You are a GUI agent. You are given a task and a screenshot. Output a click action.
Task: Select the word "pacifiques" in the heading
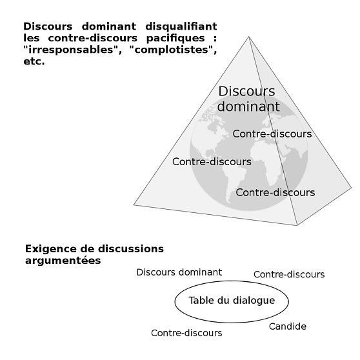(175, 39)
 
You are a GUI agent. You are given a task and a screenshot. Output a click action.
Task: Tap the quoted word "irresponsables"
(71, 50)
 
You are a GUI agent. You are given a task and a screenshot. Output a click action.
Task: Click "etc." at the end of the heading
(34, 61)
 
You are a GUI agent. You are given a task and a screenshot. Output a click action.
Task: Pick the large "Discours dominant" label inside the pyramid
(248, 99)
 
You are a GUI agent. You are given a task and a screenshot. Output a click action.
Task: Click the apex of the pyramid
(248, 37)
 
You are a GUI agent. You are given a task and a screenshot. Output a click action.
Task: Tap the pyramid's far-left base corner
(134, 205)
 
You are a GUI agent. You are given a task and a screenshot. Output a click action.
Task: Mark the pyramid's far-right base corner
(351, 188)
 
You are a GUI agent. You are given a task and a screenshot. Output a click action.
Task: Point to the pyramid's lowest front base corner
(297, 225)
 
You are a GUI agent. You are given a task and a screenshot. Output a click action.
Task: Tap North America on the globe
(214, 128)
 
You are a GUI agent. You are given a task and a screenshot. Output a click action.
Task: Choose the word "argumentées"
(63, 261)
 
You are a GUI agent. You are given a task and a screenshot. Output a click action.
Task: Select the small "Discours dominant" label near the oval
(179, 272)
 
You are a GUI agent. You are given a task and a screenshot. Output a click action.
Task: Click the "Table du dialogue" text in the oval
(232, 301)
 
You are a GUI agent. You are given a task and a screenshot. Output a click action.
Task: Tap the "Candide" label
(288, 326)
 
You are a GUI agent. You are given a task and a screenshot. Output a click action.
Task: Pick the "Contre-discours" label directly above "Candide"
(289, 274)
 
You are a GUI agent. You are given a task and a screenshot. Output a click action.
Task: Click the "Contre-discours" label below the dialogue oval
(186, 333)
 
